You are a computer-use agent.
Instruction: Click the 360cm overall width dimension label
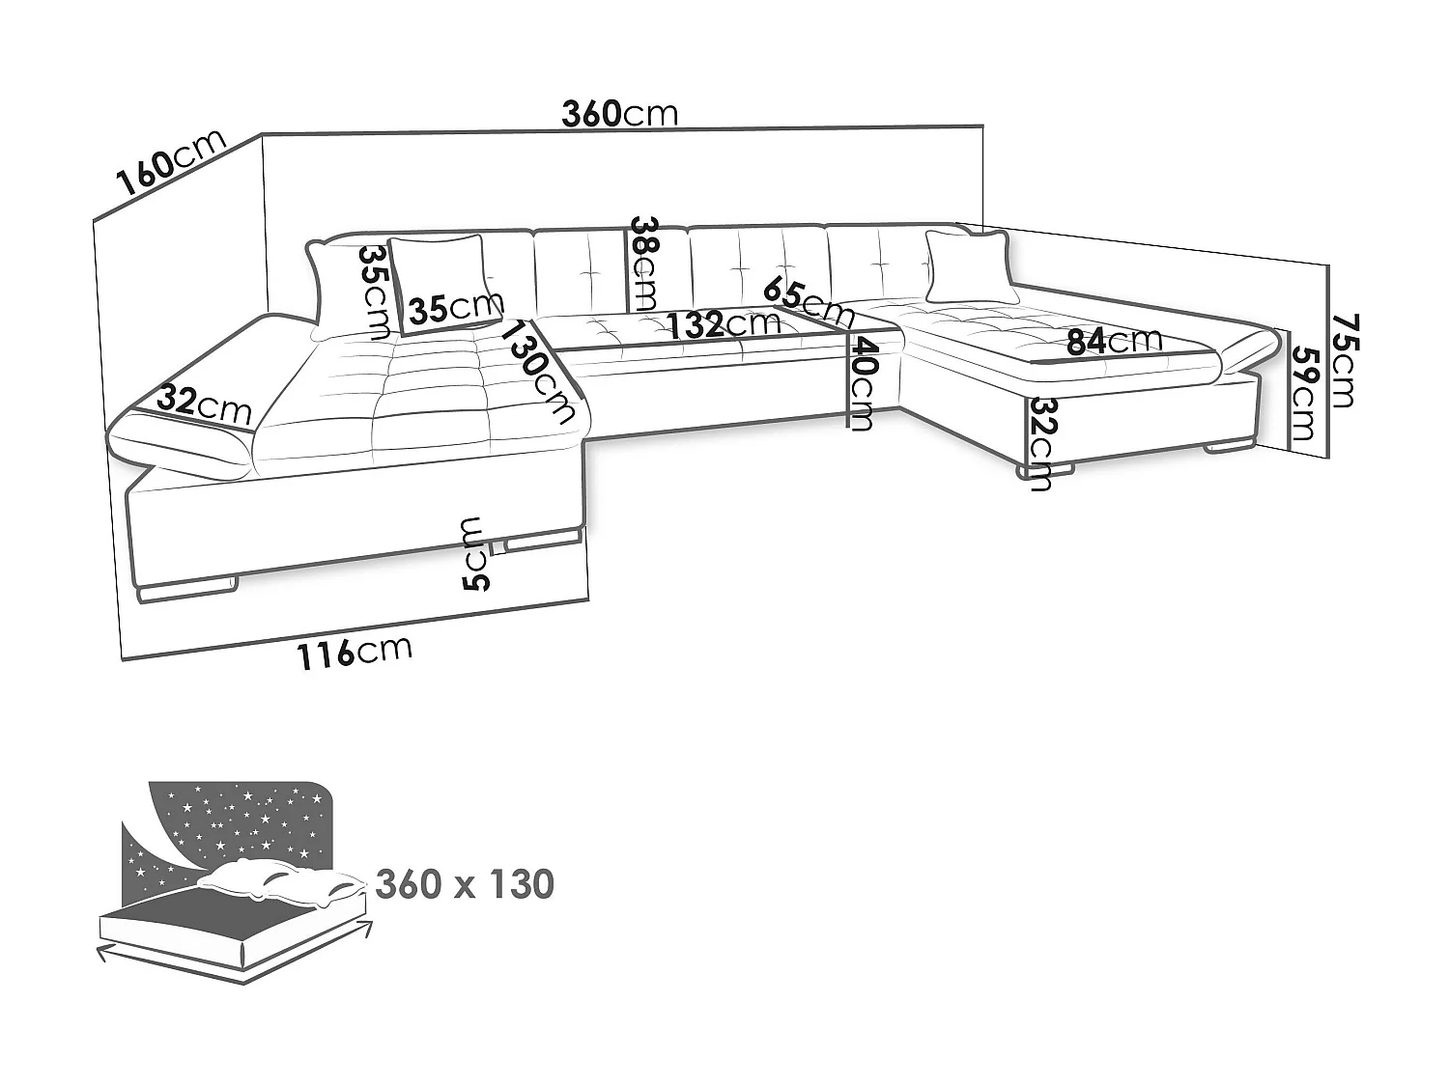[620, 113]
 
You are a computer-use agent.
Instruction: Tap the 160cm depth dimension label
[172, 163]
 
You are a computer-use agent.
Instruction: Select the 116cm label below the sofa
[355, 653]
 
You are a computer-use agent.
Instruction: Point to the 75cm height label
[1344, 361]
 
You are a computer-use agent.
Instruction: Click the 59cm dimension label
[1304, 394]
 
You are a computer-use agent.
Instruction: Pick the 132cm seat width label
[724, 324]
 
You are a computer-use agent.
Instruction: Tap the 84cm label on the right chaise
[1115, 340]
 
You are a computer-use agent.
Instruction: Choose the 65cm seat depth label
[809, 303]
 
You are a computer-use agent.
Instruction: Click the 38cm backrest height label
[643, 264]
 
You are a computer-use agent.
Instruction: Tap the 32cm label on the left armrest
[205, 405]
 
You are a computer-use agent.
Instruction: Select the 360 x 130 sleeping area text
[465, 884]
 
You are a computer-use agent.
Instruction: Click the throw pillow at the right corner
[969, 267]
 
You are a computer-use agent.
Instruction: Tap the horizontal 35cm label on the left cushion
[456, 307]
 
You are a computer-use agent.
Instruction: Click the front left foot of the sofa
[187, 590]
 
